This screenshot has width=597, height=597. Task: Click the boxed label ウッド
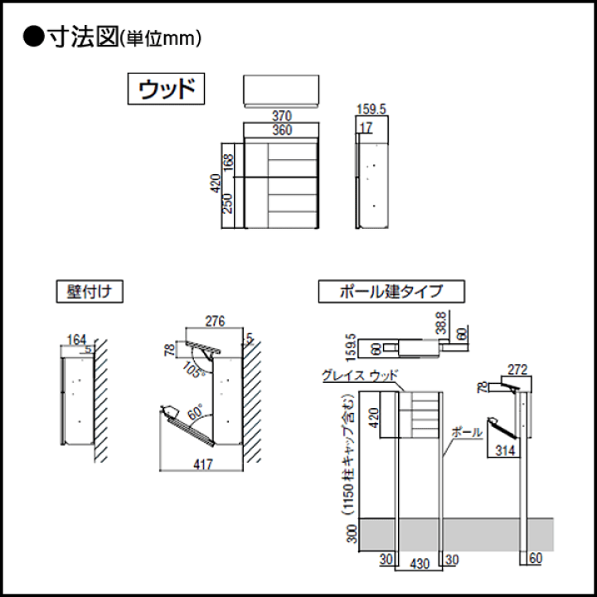[x=166, y=90]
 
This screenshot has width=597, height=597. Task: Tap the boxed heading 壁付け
[x=90, y=292]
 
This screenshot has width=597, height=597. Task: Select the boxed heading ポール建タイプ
[x=391, y=292]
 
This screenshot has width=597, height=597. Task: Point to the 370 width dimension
[x=282, y=117]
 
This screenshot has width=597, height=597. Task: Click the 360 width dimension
[x=282, y=131]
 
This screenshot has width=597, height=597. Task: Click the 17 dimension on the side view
[x=366, y=129]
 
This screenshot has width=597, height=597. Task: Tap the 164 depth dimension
[x=76, y=338]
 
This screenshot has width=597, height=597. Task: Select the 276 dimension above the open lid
[x=216, y=320]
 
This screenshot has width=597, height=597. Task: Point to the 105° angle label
[x=196, y=368]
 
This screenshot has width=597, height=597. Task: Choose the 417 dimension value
[x=203, y=464]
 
